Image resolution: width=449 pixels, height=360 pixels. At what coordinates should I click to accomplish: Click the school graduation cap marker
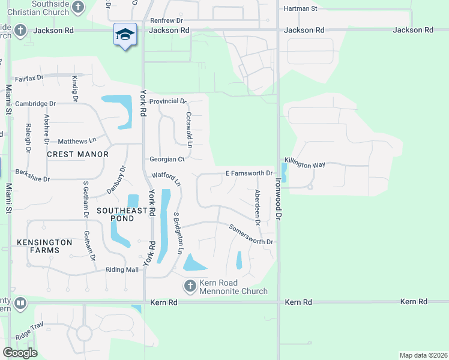(x=125, y=35)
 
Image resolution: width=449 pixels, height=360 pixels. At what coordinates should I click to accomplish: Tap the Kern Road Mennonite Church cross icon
(x=190, y=286)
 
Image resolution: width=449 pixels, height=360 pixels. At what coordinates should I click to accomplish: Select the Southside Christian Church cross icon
(x=77, y=7)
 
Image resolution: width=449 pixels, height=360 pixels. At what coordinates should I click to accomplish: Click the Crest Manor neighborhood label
(x=78, y=154)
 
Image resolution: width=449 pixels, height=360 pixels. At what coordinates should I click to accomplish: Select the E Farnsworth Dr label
(x=249, y=173)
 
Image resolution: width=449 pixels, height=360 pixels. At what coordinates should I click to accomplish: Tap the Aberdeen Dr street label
(x=257, y=208)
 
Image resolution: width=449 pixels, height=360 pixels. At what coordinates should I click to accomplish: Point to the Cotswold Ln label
(x=188, y=130)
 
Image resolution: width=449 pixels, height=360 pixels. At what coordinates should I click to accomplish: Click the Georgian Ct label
(x=167, y=160)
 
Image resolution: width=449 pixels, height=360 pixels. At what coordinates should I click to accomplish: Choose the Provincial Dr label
(x=168, y=101)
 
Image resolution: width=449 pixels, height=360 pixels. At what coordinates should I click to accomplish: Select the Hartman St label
(x=300, y=8)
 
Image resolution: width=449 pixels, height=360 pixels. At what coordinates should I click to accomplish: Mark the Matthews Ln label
(x=77, y=141)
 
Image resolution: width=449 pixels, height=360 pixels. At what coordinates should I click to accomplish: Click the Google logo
(x=20, y=353)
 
